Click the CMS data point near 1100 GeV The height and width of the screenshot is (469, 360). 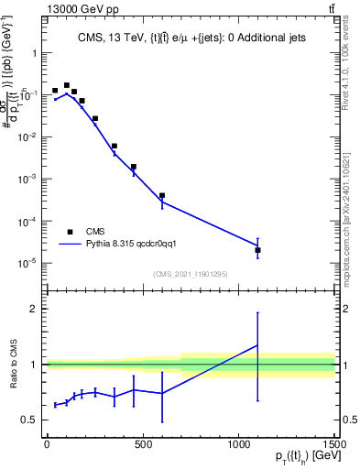pyautogui.click(x=257, y=250)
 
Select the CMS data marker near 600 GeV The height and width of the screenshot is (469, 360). pyautogui.click(x=161, y=195)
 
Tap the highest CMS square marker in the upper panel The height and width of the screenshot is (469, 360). pyautogui.click(x=66, y=85)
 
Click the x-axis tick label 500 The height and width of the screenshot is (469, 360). pyautogui.click(x=142, y=446)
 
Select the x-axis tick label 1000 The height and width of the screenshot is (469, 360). pyautogui.click(x=238, y=446)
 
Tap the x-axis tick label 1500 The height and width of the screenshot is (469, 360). pyautogui.click(x=333, y=446)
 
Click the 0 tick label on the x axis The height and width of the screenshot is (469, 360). pyautogui.click(x=47, y=446)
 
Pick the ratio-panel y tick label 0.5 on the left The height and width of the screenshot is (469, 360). pyautogui.click(x=28, y=420)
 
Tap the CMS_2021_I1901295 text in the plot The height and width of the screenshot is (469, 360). pyautogui.click(x=190, y=274)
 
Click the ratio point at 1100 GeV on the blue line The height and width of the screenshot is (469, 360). pyautogui.click(x=257, y=345)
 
